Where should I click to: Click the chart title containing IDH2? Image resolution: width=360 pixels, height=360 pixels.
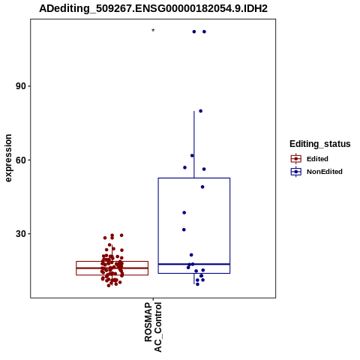point(153,8)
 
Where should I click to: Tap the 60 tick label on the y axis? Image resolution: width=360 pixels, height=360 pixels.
point(21,160)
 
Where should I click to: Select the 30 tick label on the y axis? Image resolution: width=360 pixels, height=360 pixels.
point(21,234)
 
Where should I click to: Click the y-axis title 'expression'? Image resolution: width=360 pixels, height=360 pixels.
point(8,158)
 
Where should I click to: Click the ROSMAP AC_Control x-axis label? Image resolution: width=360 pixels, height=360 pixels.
point(153,327)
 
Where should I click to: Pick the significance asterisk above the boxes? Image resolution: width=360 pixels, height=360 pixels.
point(153,31)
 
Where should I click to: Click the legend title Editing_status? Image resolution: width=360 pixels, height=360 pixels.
point(319,144)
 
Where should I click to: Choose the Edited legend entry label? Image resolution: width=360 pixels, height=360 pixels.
point(317,159)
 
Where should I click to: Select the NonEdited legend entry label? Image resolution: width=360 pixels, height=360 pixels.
point(325,172)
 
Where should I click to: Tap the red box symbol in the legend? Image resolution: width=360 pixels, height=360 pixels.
point(296,159)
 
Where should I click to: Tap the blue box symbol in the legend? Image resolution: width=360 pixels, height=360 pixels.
point(296,172)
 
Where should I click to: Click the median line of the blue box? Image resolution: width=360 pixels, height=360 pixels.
point(194,264)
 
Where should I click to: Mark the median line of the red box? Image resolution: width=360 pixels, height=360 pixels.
point(112,268)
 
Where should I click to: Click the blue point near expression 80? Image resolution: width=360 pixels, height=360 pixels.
point(200,111)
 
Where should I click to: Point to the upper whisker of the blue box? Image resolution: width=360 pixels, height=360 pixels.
point(194,145)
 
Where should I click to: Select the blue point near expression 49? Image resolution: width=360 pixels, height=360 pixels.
point(202,187)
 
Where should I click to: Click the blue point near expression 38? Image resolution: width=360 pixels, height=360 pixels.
point(184,213)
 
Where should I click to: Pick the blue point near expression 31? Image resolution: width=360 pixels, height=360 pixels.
point(184,229)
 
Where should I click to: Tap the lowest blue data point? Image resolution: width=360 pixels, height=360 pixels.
point(197,284)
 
